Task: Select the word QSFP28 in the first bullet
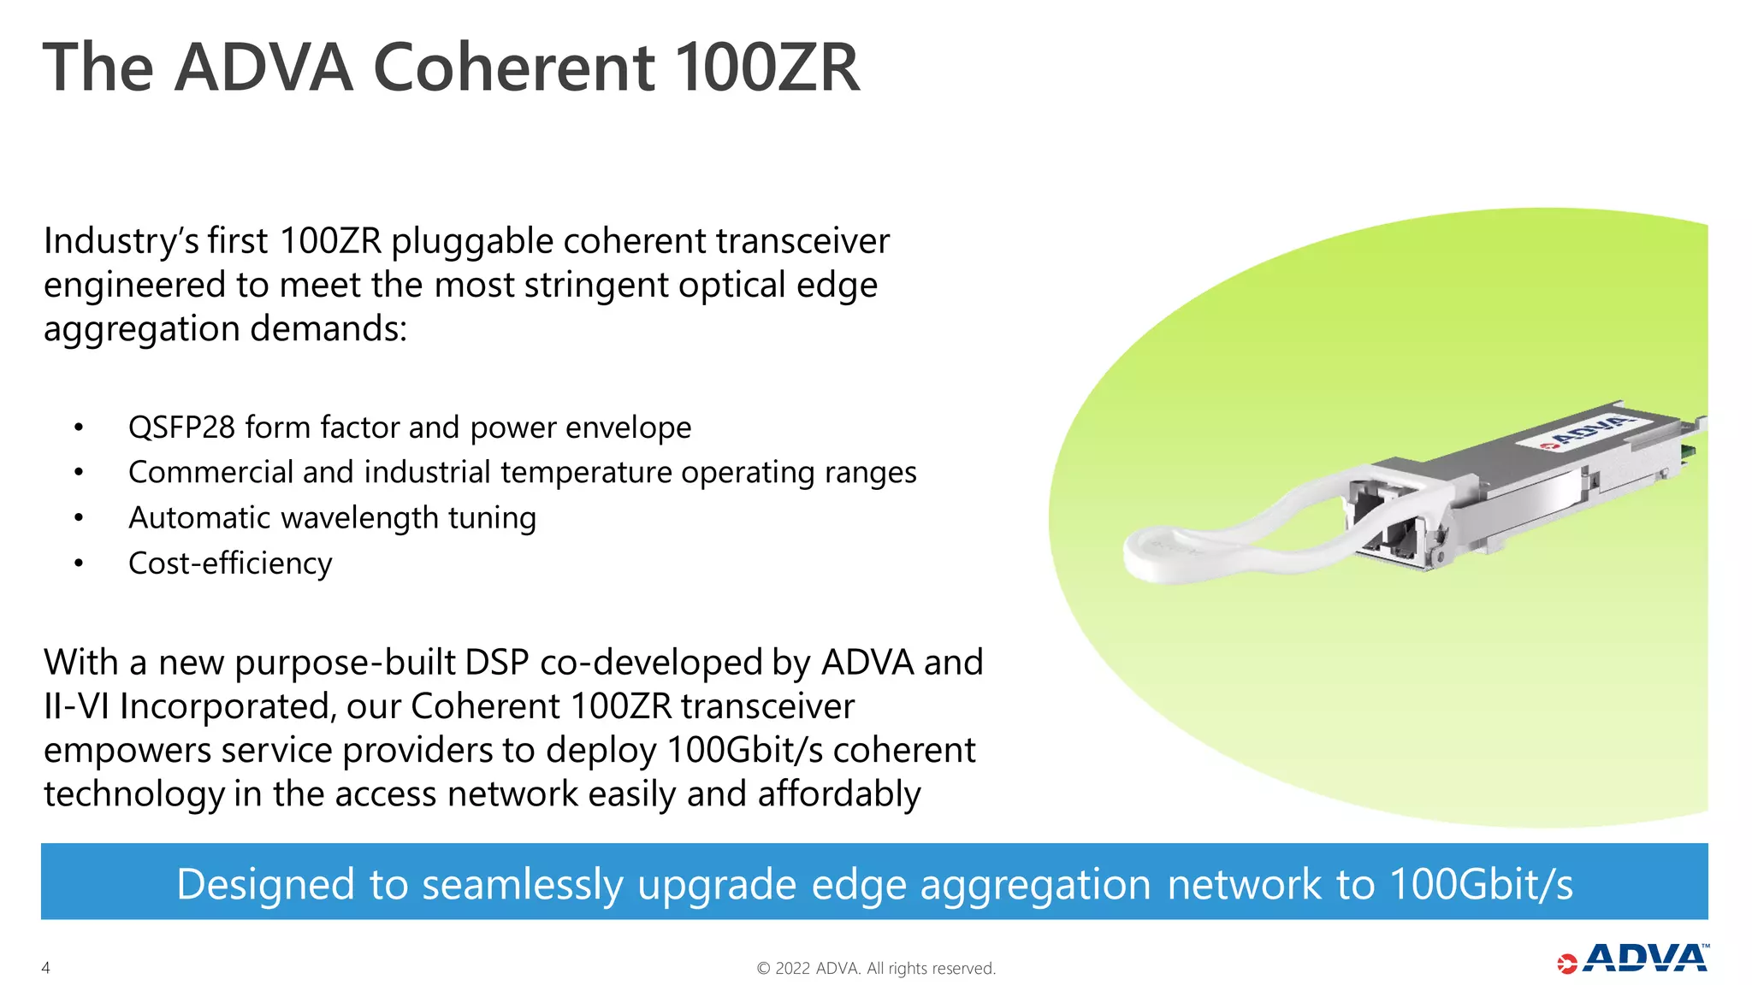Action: [x=181, y=427]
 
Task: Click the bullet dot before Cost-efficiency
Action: [x=79, y=563]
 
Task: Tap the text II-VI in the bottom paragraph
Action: [x=76, y=706]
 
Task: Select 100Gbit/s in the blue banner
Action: [x=1481, y=884]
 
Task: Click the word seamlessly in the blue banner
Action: [x=523, y=884]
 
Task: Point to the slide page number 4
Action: [x=46, y=968]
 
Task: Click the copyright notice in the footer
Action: [x=876, y=968]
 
